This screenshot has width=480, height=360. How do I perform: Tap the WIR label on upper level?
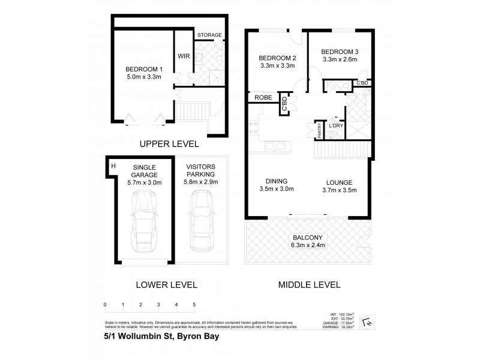pyautogui.click(x=183, y=56)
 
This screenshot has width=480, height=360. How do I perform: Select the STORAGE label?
pyautogui.click(x=209, y=35)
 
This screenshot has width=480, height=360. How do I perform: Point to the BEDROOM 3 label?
pyautogui.click(x=339, y=52)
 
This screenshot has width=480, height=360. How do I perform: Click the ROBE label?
pyautogui.click(x=263, y=97)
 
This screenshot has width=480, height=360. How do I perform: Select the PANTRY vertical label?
pyautogui.click(x=320, y=131)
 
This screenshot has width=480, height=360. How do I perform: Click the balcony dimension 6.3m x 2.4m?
pyautogui.click(x=308, y=245)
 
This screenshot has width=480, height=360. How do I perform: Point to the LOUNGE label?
pyautogui.click(x=339, y=182)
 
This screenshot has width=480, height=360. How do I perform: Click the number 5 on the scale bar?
pyautogui.click(x=194, y=305)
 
